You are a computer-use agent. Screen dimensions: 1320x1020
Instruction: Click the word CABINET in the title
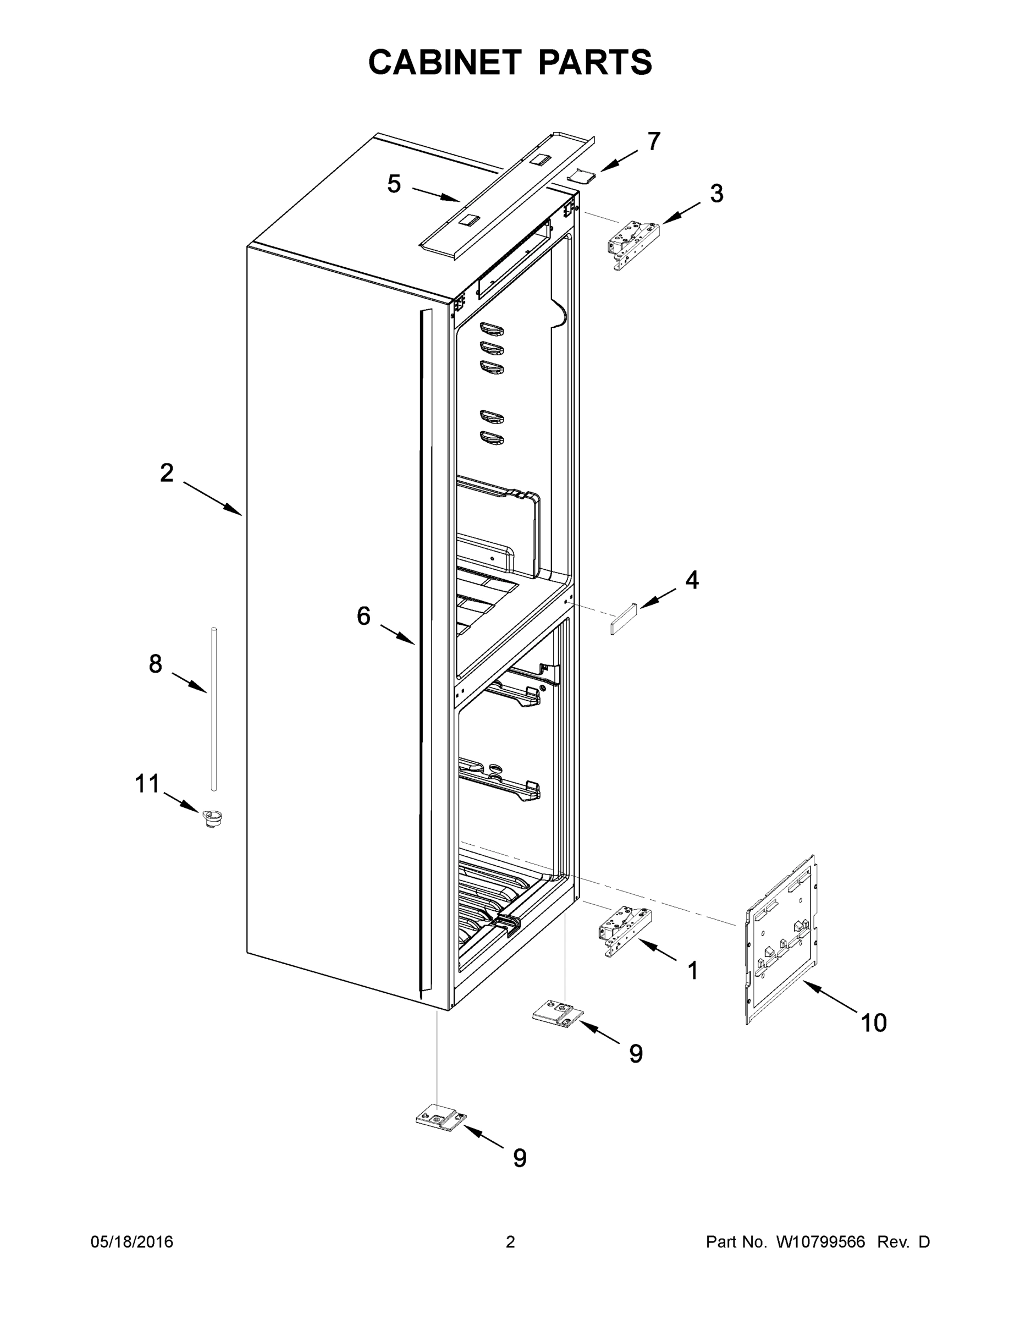tap(445, 62)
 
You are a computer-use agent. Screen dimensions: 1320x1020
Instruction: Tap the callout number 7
tap(654, 141)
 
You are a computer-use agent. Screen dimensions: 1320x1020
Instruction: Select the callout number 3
tap(716, 194)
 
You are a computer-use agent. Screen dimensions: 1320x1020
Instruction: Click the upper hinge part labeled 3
tap(632, 245)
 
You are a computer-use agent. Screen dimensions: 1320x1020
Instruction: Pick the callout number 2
tap(167, 472)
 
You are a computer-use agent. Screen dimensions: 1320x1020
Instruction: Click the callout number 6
tap(363, 616)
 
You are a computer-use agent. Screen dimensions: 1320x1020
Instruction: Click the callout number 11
tap(147, 784)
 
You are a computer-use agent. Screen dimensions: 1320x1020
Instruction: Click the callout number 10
tap(873, 1022)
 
